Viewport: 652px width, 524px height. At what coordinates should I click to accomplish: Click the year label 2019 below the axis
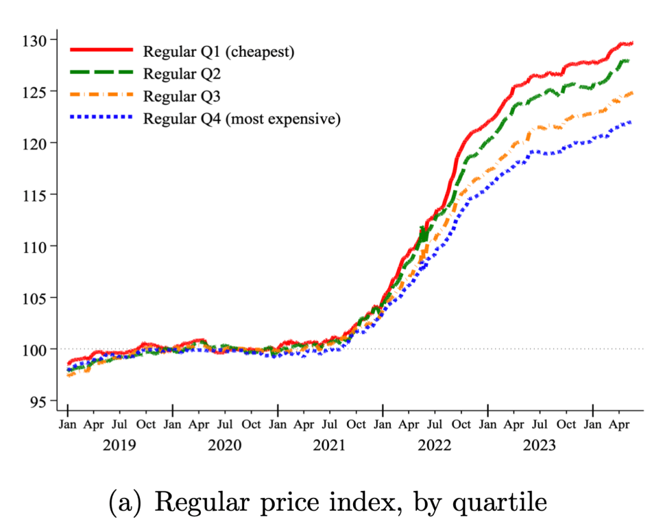coord(120,444)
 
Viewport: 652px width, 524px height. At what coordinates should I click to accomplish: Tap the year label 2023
coord(540,444)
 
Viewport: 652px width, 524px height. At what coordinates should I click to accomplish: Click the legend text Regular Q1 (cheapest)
coord(219,52)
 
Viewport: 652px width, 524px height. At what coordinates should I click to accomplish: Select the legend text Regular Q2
coord(182,74)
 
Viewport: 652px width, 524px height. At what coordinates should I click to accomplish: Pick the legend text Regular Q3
coord(182,96)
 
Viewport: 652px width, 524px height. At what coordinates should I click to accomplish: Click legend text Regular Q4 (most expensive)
coord(242,119)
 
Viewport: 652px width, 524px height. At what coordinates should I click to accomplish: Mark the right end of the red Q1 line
coord(632,43)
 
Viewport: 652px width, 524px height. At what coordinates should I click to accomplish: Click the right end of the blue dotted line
coord(631,122)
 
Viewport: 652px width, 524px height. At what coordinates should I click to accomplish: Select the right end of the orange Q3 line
coord(632,93)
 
